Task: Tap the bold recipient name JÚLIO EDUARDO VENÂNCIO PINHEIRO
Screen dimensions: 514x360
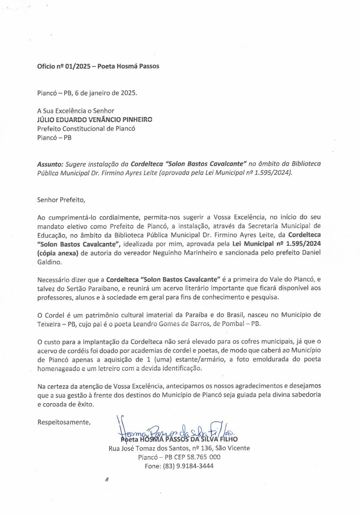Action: click(95, 119)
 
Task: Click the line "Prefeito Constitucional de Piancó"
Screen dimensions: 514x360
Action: click(86, 128)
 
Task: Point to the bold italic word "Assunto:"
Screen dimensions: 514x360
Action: click(50, 164)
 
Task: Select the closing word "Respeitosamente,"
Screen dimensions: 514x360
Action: click(64, 422)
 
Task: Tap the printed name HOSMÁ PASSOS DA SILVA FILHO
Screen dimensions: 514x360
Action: click(188, 439)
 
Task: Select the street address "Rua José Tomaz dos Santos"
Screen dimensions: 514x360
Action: click(151, 448)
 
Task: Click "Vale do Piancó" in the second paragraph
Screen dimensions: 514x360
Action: click(303, 279)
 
